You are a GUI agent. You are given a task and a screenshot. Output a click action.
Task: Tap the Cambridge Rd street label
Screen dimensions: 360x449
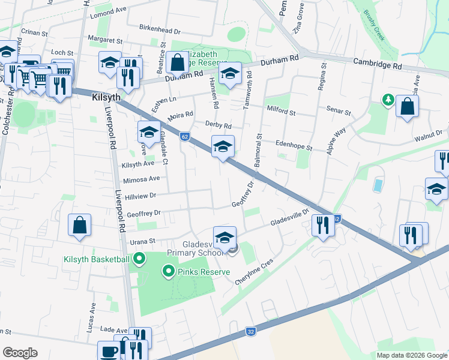click(377, 63)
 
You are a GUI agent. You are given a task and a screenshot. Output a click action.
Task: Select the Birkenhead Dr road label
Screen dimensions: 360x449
click(159, 30)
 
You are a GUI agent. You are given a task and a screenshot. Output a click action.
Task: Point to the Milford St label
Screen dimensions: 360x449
click(282, 112)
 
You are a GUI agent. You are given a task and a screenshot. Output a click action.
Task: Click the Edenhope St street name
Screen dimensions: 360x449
click(294, 146)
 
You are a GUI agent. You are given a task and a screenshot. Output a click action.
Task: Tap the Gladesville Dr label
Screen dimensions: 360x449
click(289, 220)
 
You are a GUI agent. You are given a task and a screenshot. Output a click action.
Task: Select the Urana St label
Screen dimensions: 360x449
click(143, 241)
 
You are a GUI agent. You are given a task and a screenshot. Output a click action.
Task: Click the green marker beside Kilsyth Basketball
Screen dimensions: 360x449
click(139, 259)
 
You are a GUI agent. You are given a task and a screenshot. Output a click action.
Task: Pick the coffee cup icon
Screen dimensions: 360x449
click(109, 351)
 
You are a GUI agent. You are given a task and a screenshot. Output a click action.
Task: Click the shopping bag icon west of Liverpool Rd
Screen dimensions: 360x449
click(80, 225)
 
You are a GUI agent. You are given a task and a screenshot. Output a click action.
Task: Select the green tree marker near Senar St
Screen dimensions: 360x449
click(388, 100)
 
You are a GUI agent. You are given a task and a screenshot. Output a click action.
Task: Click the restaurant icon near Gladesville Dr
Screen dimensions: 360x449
click(323, 225)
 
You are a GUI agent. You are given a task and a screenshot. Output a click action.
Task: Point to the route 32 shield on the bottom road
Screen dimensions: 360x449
click(250, 331)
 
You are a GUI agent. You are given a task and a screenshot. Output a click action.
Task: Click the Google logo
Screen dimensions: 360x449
click(20, 353)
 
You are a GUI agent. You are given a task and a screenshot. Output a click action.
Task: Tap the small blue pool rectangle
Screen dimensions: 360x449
click(377, 184)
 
